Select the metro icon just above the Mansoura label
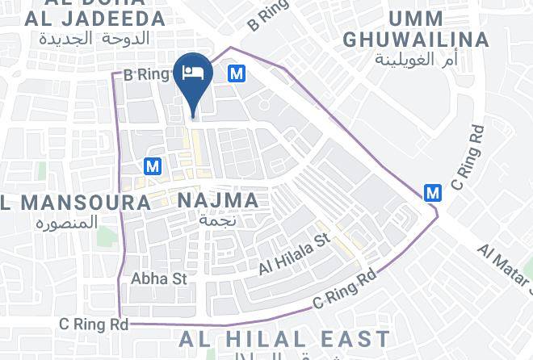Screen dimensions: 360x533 point(152,166)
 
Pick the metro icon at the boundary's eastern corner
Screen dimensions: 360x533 point(433,193)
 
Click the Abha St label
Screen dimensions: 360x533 point(159,278)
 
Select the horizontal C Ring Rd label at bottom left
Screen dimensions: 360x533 point(94,324)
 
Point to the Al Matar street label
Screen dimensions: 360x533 point(505,262)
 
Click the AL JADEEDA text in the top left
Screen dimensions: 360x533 point(95,18)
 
